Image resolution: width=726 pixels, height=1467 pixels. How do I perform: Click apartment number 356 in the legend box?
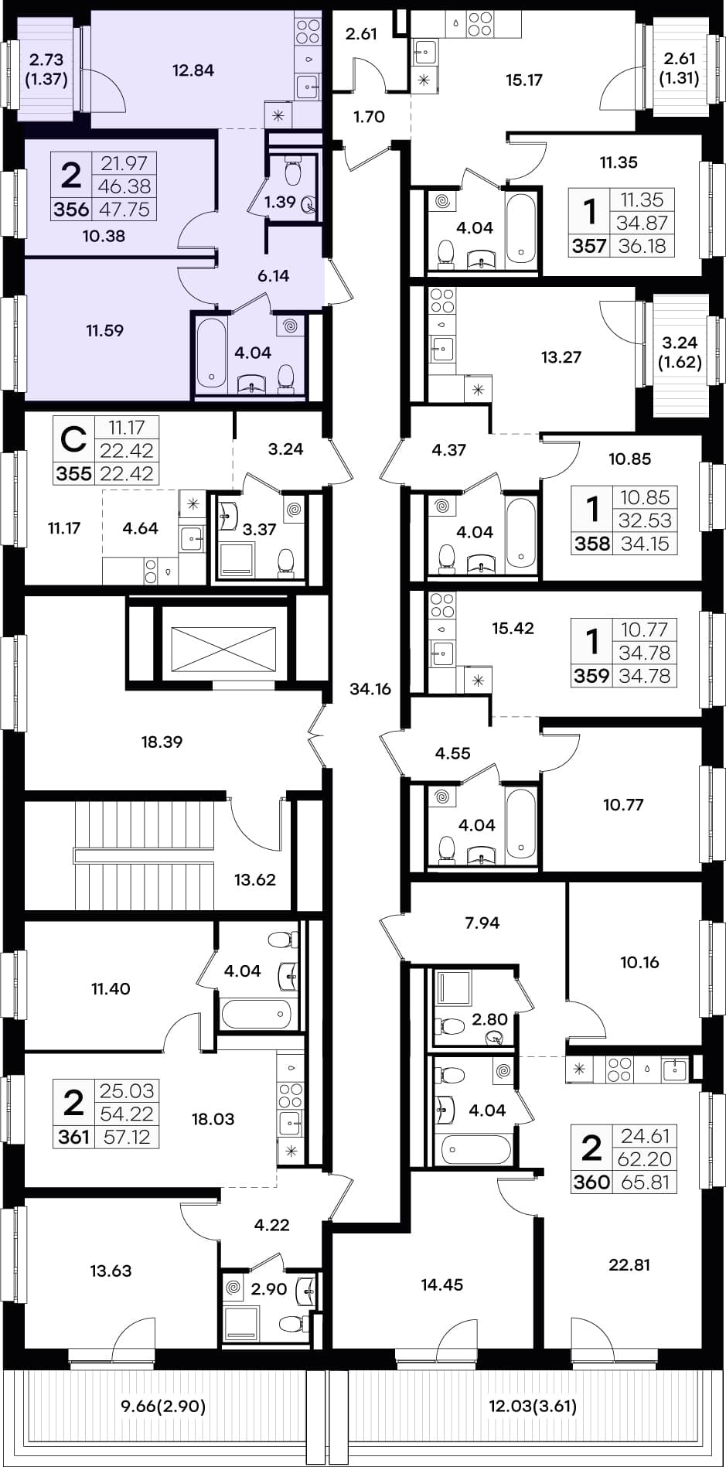pos(71,210)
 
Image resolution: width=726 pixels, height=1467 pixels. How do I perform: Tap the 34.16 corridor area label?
pos(370,689)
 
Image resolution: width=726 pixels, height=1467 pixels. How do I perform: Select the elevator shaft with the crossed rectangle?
pos(223,649)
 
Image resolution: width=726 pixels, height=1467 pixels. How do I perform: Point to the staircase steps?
pos(144,855)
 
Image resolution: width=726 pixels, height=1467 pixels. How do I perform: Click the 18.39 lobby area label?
pos(162,742)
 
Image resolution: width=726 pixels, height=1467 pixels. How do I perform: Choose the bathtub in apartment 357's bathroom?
pos(520,228)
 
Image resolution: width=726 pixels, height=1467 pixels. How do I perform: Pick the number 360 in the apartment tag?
pos(591,1182)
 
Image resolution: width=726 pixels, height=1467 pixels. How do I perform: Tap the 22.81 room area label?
pos(629,1265)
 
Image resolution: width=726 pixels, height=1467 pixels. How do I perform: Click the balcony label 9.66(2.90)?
pos(163,1406)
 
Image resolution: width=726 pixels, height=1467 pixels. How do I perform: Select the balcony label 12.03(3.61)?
pos(533,1406)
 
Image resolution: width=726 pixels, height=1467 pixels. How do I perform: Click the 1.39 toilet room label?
pos(280,202)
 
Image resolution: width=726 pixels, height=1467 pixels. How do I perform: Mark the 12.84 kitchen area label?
pos(193,70)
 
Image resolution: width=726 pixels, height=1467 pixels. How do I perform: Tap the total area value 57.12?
pos(127,1137)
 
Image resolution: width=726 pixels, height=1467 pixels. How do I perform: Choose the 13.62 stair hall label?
pos(254,879)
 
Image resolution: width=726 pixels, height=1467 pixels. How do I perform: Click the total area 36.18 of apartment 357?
pos(642,246)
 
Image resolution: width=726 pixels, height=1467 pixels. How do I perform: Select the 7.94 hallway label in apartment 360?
pos(482,923)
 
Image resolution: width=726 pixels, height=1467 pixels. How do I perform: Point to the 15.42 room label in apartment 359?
pos(513,628)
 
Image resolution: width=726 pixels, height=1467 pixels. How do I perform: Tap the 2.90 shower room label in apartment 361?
pos(269,1288)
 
